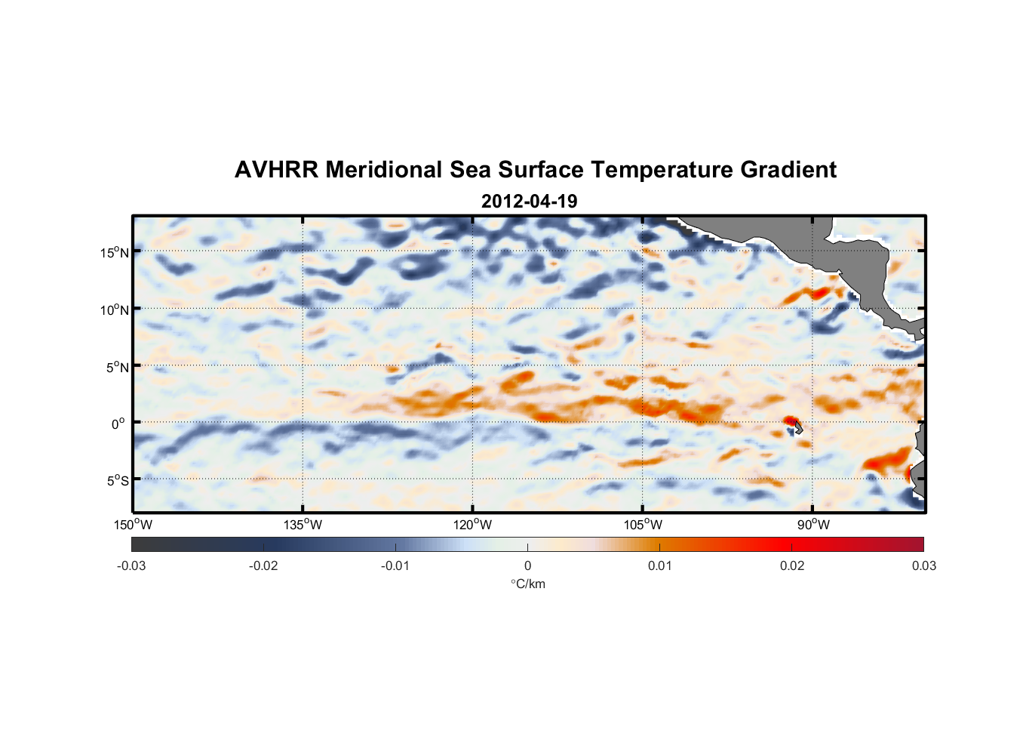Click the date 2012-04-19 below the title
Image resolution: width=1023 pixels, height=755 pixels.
(x=529, y=202)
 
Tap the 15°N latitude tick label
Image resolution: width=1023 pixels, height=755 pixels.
(x=115, y=252)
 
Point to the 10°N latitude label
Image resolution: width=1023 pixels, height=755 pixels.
(x=115, y=310)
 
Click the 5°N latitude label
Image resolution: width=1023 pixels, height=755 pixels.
(x=118, y=367)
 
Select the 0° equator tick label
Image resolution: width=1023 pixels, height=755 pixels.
(x=118, y=424)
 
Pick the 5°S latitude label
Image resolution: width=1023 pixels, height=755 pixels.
(x=118, y=481)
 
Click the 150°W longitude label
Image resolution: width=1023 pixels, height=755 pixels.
(x=133, y=525)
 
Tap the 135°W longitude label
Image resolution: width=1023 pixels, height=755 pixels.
(x=303, y=525)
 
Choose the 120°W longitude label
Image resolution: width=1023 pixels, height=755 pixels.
(x=472, y=525)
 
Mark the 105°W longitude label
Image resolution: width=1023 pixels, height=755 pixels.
(x=643, y=525)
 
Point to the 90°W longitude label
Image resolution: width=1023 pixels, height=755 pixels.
(x=813, y=525)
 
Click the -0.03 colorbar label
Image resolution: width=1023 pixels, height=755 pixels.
(x=131, y=565)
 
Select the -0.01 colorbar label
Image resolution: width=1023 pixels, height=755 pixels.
(x=395, y=565)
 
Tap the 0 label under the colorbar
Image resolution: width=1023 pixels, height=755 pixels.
(x=527, y=565)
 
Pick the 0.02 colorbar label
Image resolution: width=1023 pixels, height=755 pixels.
(x=792, y=565)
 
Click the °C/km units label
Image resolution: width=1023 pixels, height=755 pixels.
(x=527, y=584)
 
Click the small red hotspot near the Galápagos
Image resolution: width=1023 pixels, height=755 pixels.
(x=789, y=421)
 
